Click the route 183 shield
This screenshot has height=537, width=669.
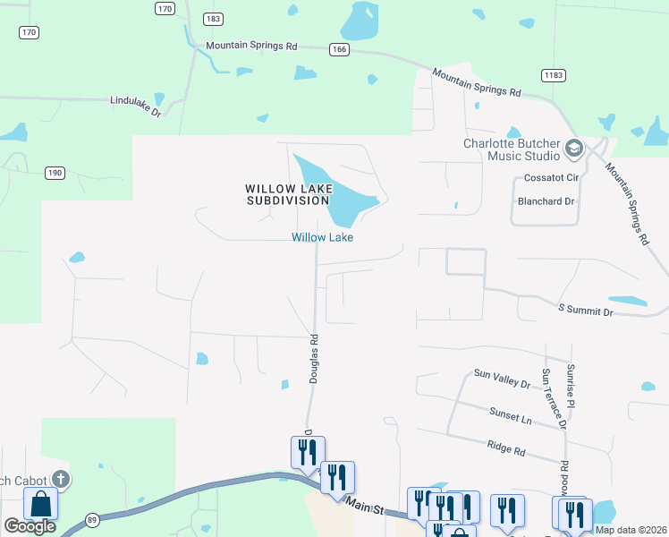[x=212, y=18]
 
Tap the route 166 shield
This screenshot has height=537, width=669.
[x=338, y=49]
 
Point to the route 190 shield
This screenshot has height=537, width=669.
[x=55, y=172]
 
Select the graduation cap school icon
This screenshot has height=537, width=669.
[x=574, y=148]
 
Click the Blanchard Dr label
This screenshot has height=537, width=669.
[x=546, y=201]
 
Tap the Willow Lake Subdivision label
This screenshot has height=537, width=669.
[x=289, y=194]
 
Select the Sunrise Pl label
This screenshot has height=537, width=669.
[x=570, y=386]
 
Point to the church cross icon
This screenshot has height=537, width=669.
[x=61, y=479]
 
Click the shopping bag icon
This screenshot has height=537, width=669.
[x=40, y=504]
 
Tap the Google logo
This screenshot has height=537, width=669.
[x=30, y=526]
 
